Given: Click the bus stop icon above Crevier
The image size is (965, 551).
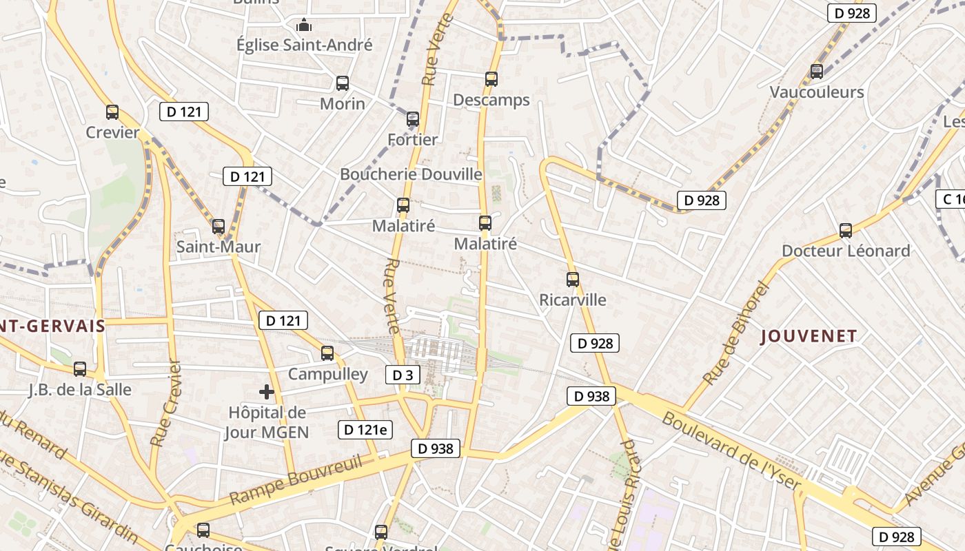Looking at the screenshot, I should tap(112, 112).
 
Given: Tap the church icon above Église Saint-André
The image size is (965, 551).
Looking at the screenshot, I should tap(304, 25).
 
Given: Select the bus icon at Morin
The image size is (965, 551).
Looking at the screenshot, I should tap(343, 83).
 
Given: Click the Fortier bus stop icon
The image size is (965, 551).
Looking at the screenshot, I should tap(413, 119).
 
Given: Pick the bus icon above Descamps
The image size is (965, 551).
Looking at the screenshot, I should tap(491, 79).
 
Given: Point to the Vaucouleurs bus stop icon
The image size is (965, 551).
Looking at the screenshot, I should tap(817, 71).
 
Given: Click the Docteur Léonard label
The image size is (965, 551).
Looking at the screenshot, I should tap(846, 251).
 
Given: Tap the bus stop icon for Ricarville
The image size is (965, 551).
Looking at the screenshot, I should tap(573, 280).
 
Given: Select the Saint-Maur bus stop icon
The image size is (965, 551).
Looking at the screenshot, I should tap(219, 226).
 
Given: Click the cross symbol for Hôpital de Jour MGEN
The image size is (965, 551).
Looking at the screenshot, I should tap(267, 392).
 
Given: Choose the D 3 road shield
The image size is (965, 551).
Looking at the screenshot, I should tap(403, 375).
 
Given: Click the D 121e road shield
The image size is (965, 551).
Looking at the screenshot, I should tap(365, 430).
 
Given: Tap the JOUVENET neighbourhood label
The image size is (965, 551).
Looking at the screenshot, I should tap(809, 337).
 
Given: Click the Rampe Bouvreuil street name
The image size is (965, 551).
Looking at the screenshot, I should tap(296, 480).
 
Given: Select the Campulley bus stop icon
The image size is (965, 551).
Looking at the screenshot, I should tap(327, 353).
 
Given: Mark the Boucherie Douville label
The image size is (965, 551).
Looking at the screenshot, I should tap(411, 174).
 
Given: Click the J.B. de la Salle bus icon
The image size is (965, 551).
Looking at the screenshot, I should tap(80, 369).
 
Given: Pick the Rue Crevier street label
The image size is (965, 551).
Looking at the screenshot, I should tap(165, 404).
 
